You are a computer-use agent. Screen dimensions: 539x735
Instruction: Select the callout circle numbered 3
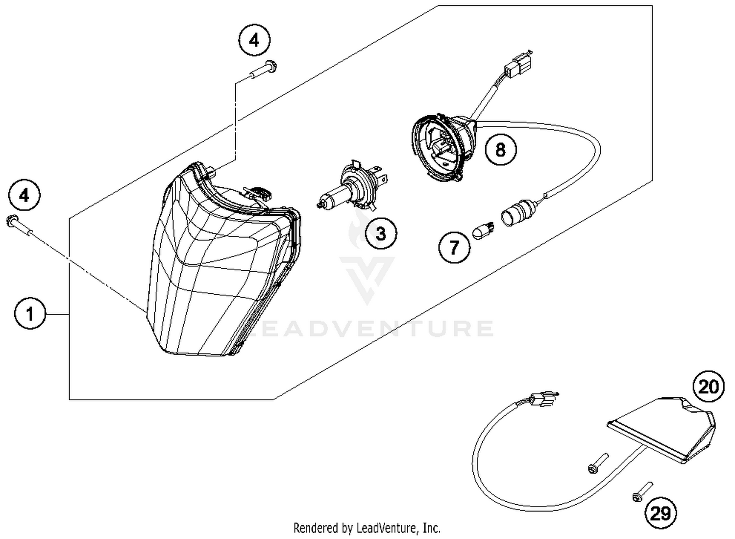381,233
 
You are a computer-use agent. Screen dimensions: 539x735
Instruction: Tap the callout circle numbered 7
454,247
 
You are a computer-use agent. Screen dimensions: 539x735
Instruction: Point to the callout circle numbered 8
500,149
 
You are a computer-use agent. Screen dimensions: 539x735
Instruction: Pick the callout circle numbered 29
660,513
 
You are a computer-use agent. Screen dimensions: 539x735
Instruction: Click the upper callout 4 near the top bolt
254,40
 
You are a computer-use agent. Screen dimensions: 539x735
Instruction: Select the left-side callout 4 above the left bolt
24,196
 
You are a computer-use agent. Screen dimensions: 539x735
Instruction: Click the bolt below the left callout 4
19,225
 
